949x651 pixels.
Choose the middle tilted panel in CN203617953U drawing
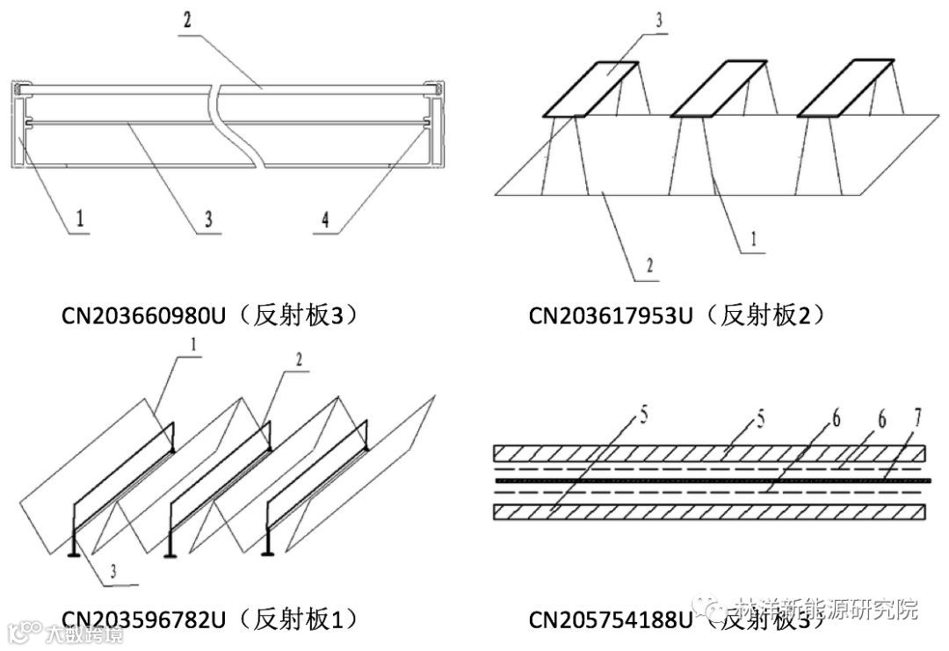(717, 89)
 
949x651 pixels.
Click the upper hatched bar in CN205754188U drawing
(708, 454)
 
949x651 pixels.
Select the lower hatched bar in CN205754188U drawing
(708, 510)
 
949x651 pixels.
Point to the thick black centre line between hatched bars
(708, 481)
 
